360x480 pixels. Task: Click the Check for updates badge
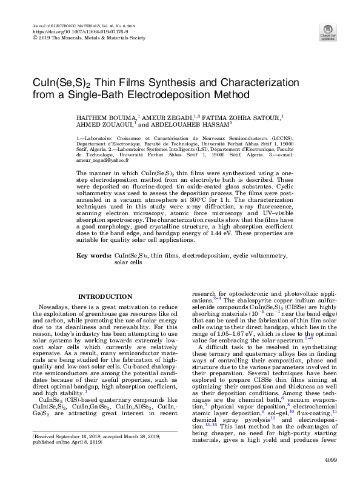(328, 32)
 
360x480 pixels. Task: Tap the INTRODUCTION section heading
(102, 296)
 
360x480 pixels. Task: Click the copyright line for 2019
(87, 37)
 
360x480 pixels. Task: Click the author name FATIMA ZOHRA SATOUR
(245, 116)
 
